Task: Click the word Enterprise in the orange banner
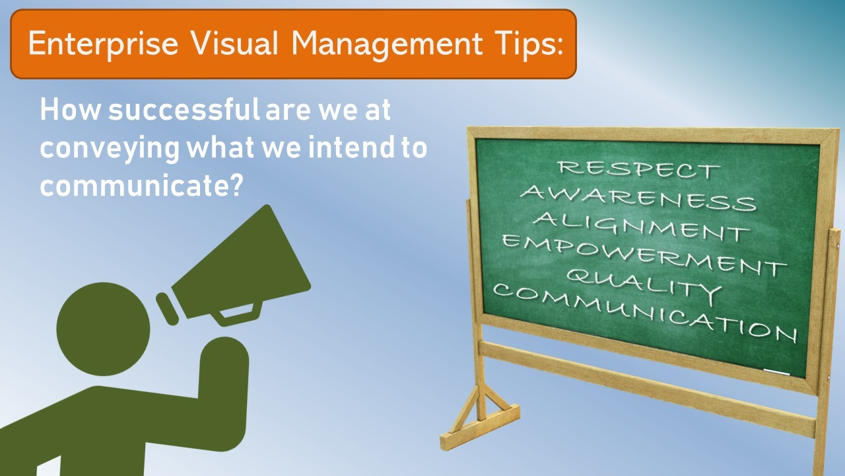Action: pos(103,44)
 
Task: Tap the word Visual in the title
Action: pos(234,43)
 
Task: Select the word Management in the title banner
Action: pos(387,44)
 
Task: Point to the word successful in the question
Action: pos(184,109)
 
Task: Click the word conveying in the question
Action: pos(110,148)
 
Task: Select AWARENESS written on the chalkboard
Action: pos(638,198)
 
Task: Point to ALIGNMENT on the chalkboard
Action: pos(641,226)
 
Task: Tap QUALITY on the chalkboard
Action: pos(644,287)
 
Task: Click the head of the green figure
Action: pos(103,329)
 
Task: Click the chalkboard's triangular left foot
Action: pos(480,419)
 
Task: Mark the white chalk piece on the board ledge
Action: pos(776,372)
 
